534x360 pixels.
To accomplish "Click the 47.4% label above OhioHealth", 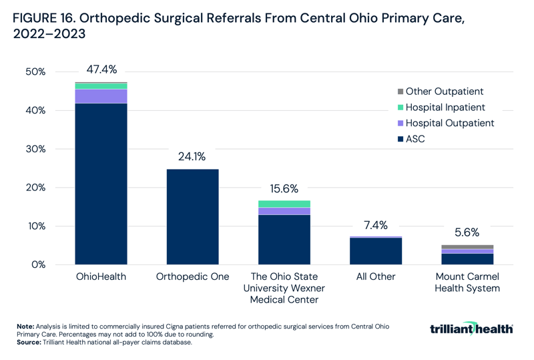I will pos(101,69).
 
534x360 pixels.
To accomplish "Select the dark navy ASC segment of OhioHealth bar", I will pos(101,184).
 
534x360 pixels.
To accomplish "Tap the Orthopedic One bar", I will pos(193,216).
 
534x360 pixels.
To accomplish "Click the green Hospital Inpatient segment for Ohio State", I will pos(284,204).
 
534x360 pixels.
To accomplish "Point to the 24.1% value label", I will pos(192,157).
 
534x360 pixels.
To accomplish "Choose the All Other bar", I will pos(376,251).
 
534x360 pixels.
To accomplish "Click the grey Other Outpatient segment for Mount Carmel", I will pos(467,247).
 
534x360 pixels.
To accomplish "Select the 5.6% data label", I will pos(467,232).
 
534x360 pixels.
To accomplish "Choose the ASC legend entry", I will pos(415,139).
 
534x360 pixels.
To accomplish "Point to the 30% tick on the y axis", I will pos(35,149).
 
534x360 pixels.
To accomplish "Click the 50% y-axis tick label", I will pos(35,71).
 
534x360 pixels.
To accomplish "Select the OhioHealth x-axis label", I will pos(101,277).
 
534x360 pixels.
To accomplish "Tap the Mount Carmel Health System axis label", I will pos(467,283).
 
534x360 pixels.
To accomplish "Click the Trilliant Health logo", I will pos(472,329).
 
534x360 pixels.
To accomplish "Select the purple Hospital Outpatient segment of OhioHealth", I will pos(101,96).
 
